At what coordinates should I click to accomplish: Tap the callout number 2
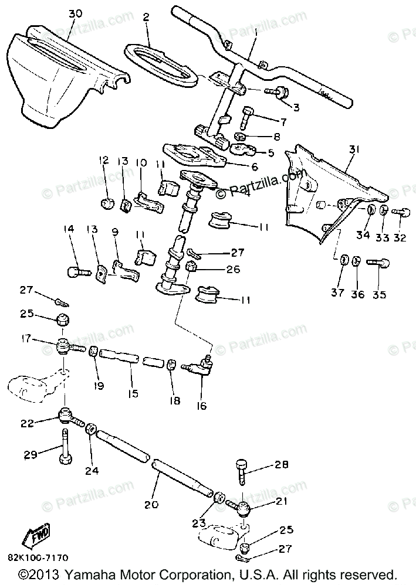coord(146,17)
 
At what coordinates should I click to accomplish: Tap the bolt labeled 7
coord(245,117)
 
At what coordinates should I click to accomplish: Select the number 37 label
coord(339,293)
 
